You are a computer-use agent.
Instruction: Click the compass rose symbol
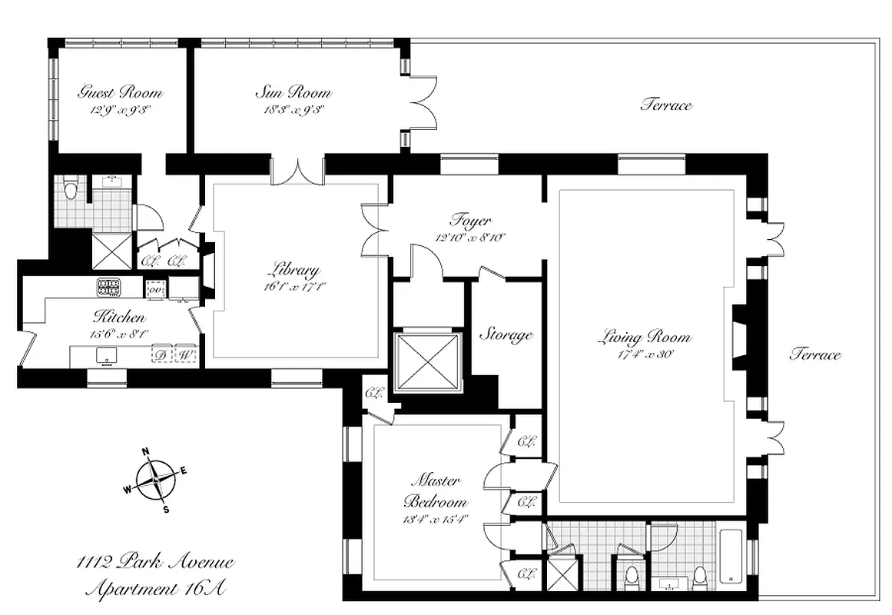[x=155, y=479]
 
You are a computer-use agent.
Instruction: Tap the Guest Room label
[x=121, y=93]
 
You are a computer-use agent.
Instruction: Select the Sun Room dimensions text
[x=293, y=109]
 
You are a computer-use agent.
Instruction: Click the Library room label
[x=293, y=271]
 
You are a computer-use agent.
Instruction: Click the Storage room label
[x=506, y=334]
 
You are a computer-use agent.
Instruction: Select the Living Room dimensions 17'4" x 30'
[x=645, y=354]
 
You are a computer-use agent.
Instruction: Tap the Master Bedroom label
[x=435, y=490]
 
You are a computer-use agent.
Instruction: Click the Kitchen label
[x=119, y=317]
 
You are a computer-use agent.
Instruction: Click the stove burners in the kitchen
[x=108, y=288]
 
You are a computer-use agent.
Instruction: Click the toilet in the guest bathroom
[x=71, y=188]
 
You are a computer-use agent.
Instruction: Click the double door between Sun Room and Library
[x=298, y=171]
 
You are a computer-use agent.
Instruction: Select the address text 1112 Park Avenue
[x=156, y=563]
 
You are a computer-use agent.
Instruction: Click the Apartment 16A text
[x=156, y=590]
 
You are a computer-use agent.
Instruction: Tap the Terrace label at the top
[x=665, y=105]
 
